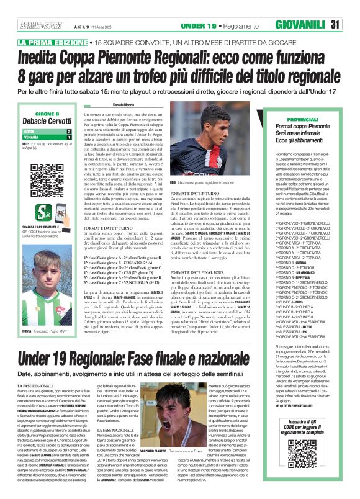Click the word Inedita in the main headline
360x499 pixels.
click(x=43, y=58)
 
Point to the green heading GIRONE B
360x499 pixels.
click(x=47, y=115)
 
